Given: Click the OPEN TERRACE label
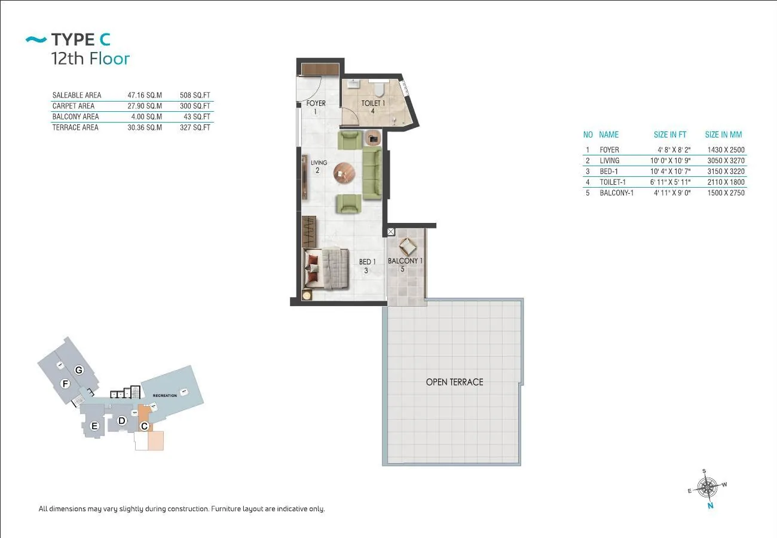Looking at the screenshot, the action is coord(454,382).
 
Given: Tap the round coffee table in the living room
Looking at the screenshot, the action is coord(344,173).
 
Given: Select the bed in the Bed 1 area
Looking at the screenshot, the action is coord(326,268).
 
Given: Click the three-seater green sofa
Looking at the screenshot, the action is coord(372,173).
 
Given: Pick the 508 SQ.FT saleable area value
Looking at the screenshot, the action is coord(195,95).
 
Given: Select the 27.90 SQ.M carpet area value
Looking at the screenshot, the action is coord(145,106).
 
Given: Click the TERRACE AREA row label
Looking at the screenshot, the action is coord(75,127).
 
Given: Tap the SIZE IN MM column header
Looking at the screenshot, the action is coord(723,134).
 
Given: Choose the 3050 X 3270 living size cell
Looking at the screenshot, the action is coord(726,161).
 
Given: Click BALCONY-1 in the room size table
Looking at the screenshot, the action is coord(616,193).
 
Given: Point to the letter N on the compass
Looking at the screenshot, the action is coord(711,506).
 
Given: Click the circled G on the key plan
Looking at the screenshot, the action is coord(79,370).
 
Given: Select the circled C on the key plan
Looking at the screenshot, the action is coord(144,426).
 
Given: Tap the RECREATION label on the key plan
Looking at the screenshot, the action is coord(165,396).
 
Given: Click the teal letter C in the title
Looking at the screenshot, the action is coord(105,39).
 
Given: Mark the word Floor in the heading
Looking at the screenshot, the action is coord(109,58).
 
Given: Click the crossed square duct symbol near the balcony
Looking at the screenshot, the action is coord(391,232).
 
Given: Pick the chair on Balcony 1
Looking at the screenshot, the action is coord(407,247).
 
